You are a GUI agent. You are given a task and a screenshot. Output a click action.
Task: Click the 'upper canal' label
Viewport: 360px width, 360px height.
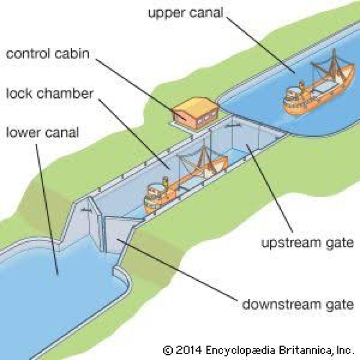185,12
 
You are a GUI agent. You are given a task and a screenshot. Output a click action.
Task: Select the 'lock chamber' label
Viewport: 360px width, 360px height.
49,94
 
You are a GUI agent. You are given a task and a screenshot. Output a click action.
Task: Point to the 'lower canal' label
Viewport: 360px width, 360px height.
42,133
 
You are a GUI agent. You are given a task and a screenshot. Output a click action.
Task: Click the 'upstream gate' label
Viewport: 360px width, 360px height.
307,243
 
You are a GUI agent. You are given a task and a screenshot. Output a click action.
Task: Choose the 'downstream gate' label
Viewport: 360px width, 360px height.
297,304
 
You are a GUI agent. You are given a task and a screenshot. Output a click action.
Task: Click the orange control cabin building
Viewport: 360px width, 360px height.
194,112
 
